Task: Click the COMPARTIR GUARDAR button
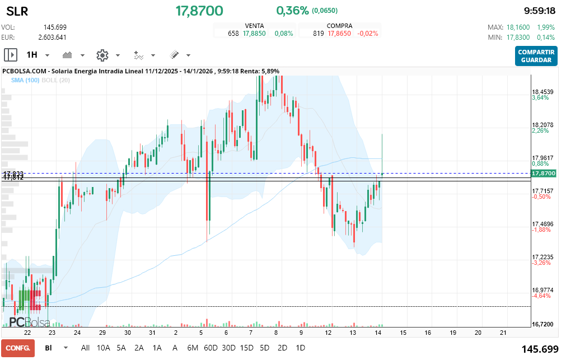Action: [536, 56]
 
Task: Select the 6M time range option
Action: [193, 348]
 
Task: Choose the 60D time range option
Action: [211, 348]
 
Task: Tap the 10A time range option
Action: [104, 348]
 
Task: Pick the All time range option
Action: [85, 348]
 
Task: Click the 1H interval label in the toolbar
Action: [32, 55]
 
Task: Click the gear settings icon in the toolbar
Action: [102, 55]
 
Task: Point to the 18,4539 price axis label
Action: [542, 91]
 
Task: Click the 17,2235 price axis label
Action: [542, 257]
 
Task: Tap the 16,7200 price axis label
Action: [542, 324]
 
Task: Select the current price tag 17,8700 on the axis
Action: [544, 174]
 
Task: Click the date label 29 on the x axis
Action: [102, 333]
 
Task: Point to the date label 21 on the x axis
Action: [503, 333]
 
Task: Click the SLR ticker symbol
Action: [17, 11]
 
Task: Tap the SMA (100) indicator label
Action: [25, 80]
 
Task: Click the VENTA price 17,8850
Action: [254, 34]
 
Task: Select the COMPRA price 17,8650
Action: [339, 34]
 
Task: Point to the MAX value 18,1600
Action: [517, 27]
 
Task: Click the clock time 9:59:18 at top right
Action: [539, 11]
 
